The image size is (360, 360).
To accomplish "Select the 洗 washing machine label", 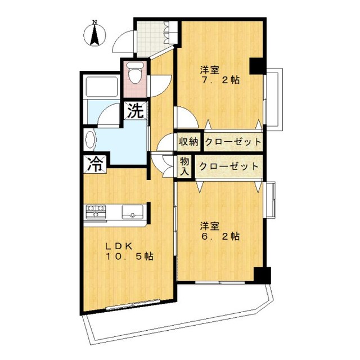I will tap(135, 111).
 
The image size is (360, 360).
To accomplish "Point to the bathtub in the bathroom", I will tap(100, 88).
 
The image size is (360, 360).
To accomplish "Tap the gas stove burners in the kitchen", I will tap(96, 212).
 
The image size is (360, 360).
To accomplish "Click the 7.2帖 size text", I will tap(220, 80).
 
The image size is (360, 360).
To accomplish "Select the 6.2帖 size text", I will tap(220, 236).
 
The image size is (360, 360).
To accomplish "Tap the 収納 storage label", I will tap(188, 141).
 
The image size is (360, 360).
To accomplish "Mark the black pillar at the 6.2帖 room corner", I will tap(261, 276).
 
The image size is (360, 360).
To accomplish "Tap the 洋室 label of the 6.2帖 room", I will tap(210, 226).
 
